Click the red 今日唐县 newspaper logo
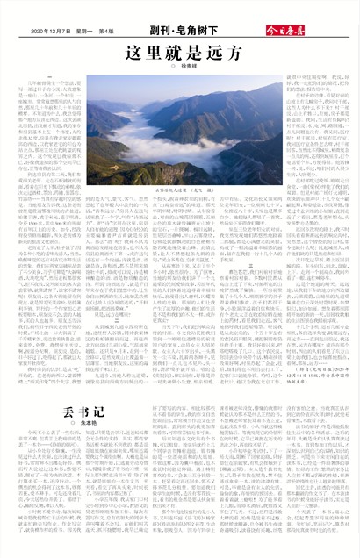coord(329,31)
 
